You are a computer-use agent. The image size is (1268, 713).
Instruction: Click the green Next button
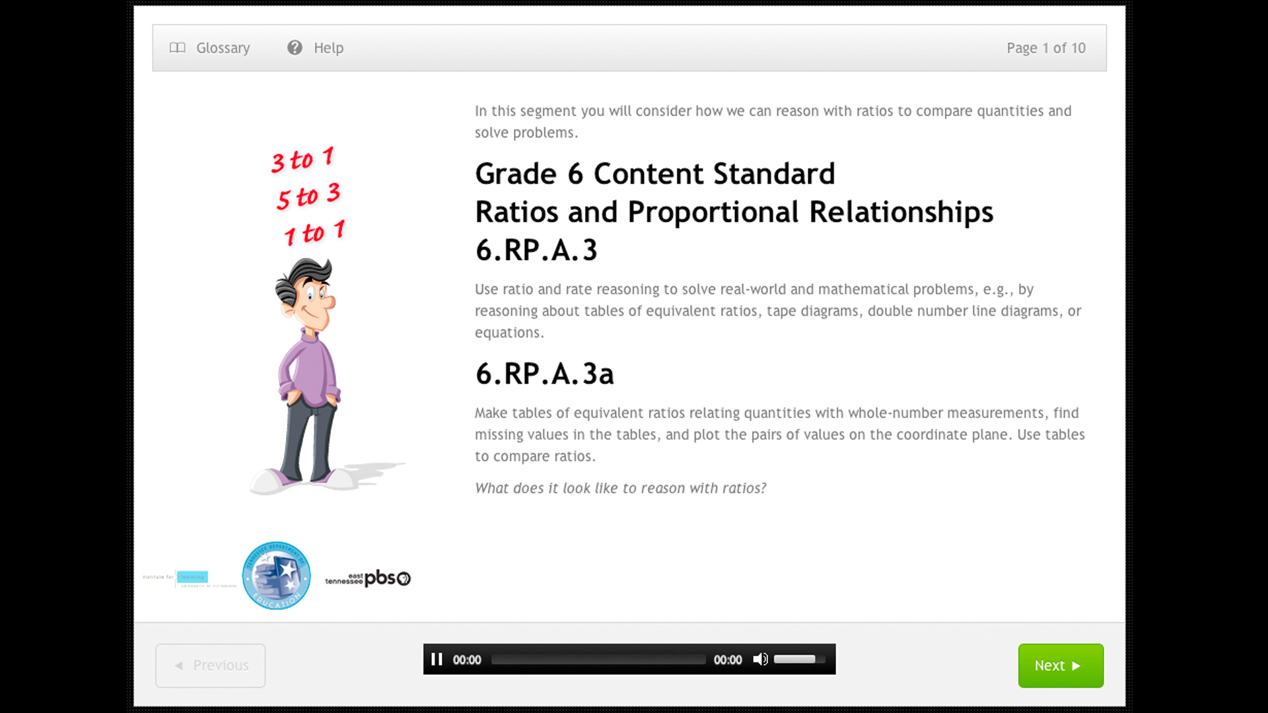1060,665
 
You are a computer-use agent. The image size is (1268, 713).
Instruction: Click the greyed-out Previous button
210,665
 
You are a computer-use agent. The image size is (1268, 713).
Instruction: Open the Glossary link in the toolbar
211,48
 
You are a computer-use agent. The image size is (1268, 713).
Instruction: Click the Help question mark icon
295,48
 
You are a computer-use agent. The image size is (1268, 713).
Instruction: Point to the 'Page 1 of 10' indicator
1045,48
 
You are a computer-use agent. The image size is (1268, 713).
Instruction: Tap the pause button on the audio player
437,660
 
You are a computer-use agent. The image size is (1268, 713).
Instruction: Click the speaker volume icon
760,660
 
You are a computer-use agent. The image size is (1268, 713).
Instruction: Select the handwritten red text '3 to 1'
302,160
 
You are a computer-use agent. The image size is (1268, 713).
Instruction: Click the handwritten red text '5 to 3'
308,196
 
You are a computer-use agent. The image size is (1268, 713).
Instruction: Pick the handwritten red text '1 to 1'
314,232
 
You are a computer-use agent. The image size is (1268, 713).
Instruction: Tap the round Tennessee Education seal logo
276,576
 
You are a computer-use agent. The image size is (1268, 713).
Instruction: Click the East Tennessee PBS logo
368,578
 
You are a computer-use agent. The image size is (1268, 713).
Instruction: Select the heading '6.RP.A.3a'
544,374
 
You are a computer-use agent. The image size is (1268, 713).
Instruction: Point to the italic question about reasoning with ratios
620,489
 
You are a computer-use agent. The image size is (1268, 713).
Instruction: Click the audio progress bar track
598,660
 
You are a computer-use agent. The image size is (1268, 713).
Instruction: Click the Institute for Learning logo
190,578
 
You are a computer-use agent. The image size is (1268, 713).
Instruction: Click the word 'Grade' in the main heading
516,174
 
